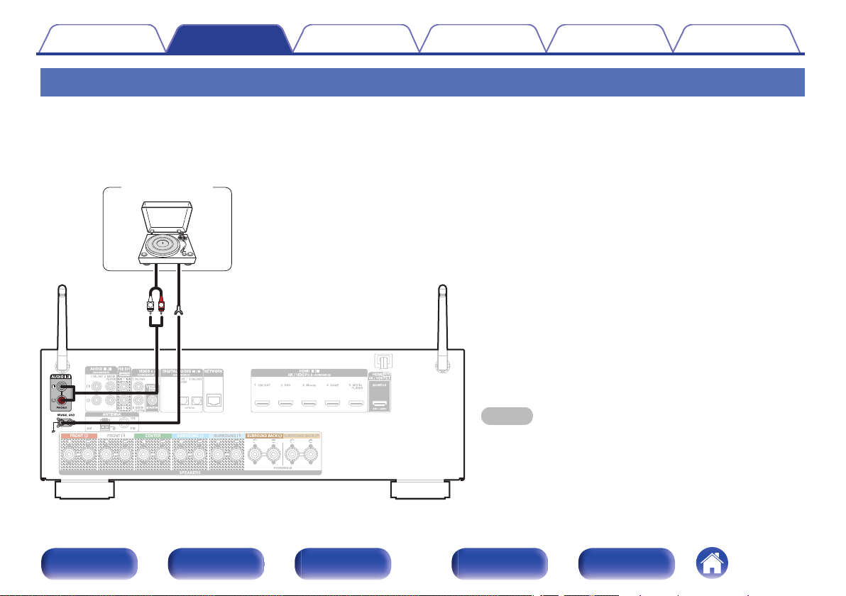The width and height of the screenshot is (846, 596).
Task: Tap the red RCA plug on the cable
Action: pos(162,307)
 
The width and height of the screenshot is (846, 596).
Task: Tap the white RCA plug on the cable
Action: pos(150,307)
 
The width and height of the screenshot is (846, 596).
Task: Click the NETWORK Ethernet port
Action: pos(213,398)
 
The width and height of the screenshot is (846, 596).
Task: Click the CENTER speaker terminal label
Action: pos(151,435)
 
